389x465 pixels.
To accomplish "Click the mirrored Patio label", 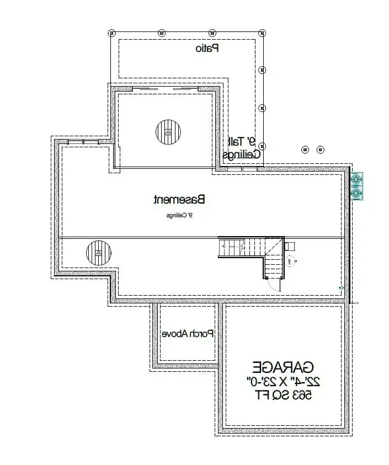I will pyautogui.click(x=207, y=49).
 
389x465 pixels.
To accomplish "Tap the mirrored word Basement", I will pyautogui.click(x=179, y=199).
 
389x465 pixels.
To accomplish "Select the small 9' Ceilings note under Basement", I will pyautogui.click(x=179, y=215).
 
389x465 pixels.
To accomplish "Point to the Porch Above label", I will pyautogui.click(x=188, y=334).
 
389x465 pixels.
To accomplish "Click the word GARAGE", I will pyautogui.click(x=283, y=367).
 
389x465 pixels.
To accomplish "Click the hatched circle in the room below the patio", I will pyautogui.click(x=168, y=132).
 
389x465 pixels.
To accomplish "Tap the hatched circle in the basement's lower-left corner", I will pyautogui.click(x=99, y=252).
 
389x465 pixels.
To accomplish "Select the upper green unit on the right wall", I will pyautogui.click(x=356, y=179).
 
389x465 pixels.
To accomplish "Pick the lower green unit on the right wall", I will pyautogui.click(x=356, y=193).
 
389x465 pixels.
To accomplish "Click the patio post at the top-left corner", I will pyautogui.click(x=111, y=32).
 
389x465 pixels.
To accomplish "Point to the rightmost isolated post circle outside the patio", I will pyautogui.click(x=321, y=149).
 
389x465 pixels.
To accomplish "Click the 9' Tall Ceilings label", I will pyautogui.click(x=242, y=148).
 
